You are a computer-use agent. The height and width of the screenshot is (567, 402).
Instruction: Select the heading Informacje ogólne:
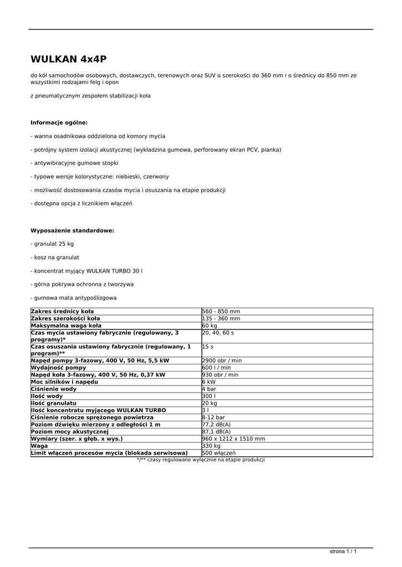tap(59, 122)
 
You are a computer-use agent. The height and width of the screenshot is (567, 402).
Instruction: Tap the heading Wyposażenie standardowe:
tap(72, 230)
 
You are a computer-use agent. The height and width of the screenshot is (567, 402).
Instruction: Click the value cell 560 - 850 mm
tap(221, 311)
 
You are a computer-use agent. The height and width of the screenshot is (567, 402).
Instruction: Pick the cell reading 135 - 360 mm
tap(221, 318)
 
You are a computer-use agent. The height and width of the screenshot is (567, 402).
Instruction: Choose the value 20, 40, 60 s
tap(218, 333)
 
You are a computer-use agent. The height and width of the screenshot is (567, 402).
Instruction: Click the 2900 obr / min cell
tap(222, 360)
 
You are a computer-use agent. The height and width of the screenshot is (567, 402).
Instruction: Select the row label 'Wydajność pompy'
tap(58, 368)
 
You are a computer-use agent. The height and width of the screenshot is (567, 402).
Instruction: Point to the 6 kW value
tap(209, 382)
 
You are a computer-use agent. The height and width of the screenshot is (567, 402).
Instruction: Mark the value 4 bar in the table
tap(210, 389)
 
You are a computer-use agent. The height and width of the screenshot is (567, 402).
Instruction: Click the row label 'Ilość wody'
tap(47, 396)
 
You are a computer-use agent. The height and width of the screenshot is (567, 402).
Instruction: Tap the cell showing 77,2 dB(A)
tap(216, 424)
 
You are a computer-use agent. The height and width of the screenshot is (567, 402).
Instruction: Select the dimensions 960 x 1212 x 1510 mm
tap(233, 439)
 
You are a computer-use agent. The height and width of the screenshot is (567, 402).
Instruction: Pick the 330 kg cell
tap(211, 446)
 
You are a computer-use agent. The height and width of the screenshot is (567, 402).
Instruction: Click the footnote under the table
tap(201, 460)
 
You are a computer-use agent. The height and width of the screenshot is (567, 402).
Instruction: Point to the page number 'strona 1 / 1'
tap(343, 552)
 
